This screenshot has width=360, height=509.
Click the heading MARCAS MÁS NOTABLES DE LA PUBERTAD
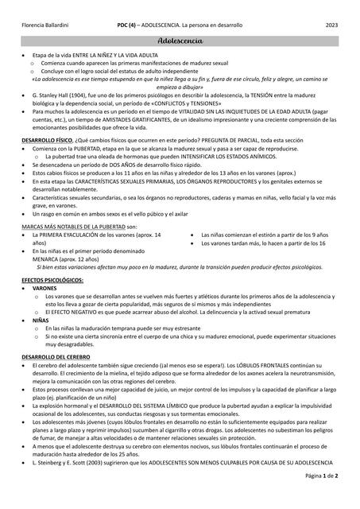point(73,227)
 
